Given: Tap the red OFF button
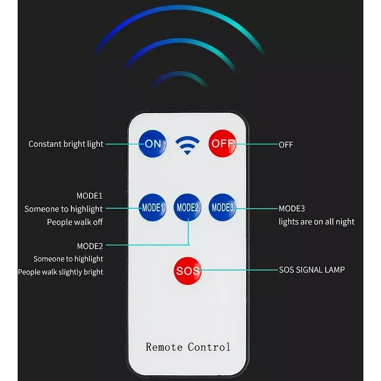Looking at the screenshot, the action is tap(222, 143).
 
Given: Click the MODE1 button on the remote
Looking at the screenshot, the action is tap(152, 208).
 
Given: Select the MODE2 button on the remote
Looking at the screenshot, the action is tap(187, 208).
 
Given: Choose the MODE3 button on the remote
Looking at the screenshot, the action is tap(222, 208).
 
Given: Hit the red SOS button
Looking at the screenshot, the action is tap(188, 271).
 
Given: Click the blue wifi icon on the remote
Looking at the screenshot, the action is tap(187, 145).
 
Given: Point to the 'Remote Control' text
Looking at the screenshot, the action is tap(188, 347).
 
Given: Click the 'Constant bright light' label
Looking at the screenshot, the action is tap(66, 144).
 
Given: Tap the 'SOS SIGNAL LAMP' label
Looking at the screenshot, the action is tap(312, 270).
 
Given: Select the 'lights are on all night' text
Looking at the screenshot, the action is tap(316, 222).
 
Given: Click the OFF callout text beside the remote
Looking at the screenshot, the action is tap(286, 145).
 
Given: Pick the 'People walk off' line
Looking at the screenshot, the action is tap(75, 222).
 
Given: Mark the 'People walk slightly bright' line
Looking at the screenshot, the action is tap(60, 272).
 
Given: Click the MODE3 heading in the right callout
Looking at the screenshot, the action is tap(291, 209).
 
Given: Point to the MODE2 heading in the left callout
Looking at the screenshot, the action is tap(90, 246).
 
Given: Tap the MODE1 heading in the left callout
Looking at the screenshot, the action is tap(90, 196).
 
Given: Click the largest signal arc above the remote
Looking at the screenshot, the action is tap(180, 8).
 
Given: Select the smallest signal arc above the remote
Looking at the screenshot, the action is tap(180, 73).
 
